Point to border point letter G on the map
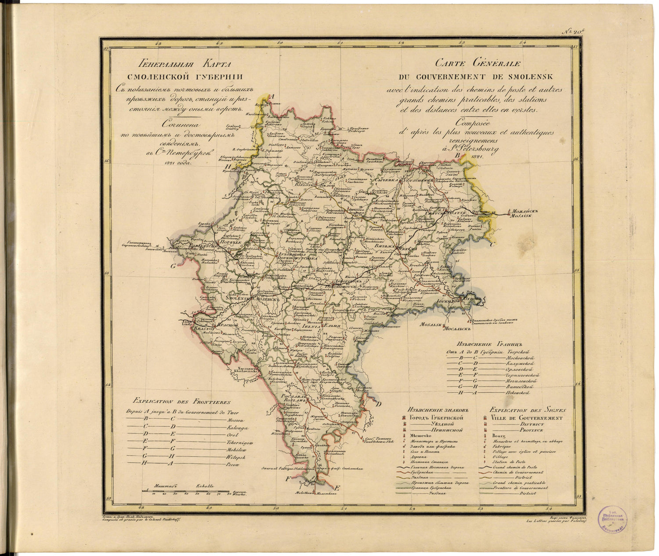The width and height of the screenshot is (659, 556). (x=173, y=266)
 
